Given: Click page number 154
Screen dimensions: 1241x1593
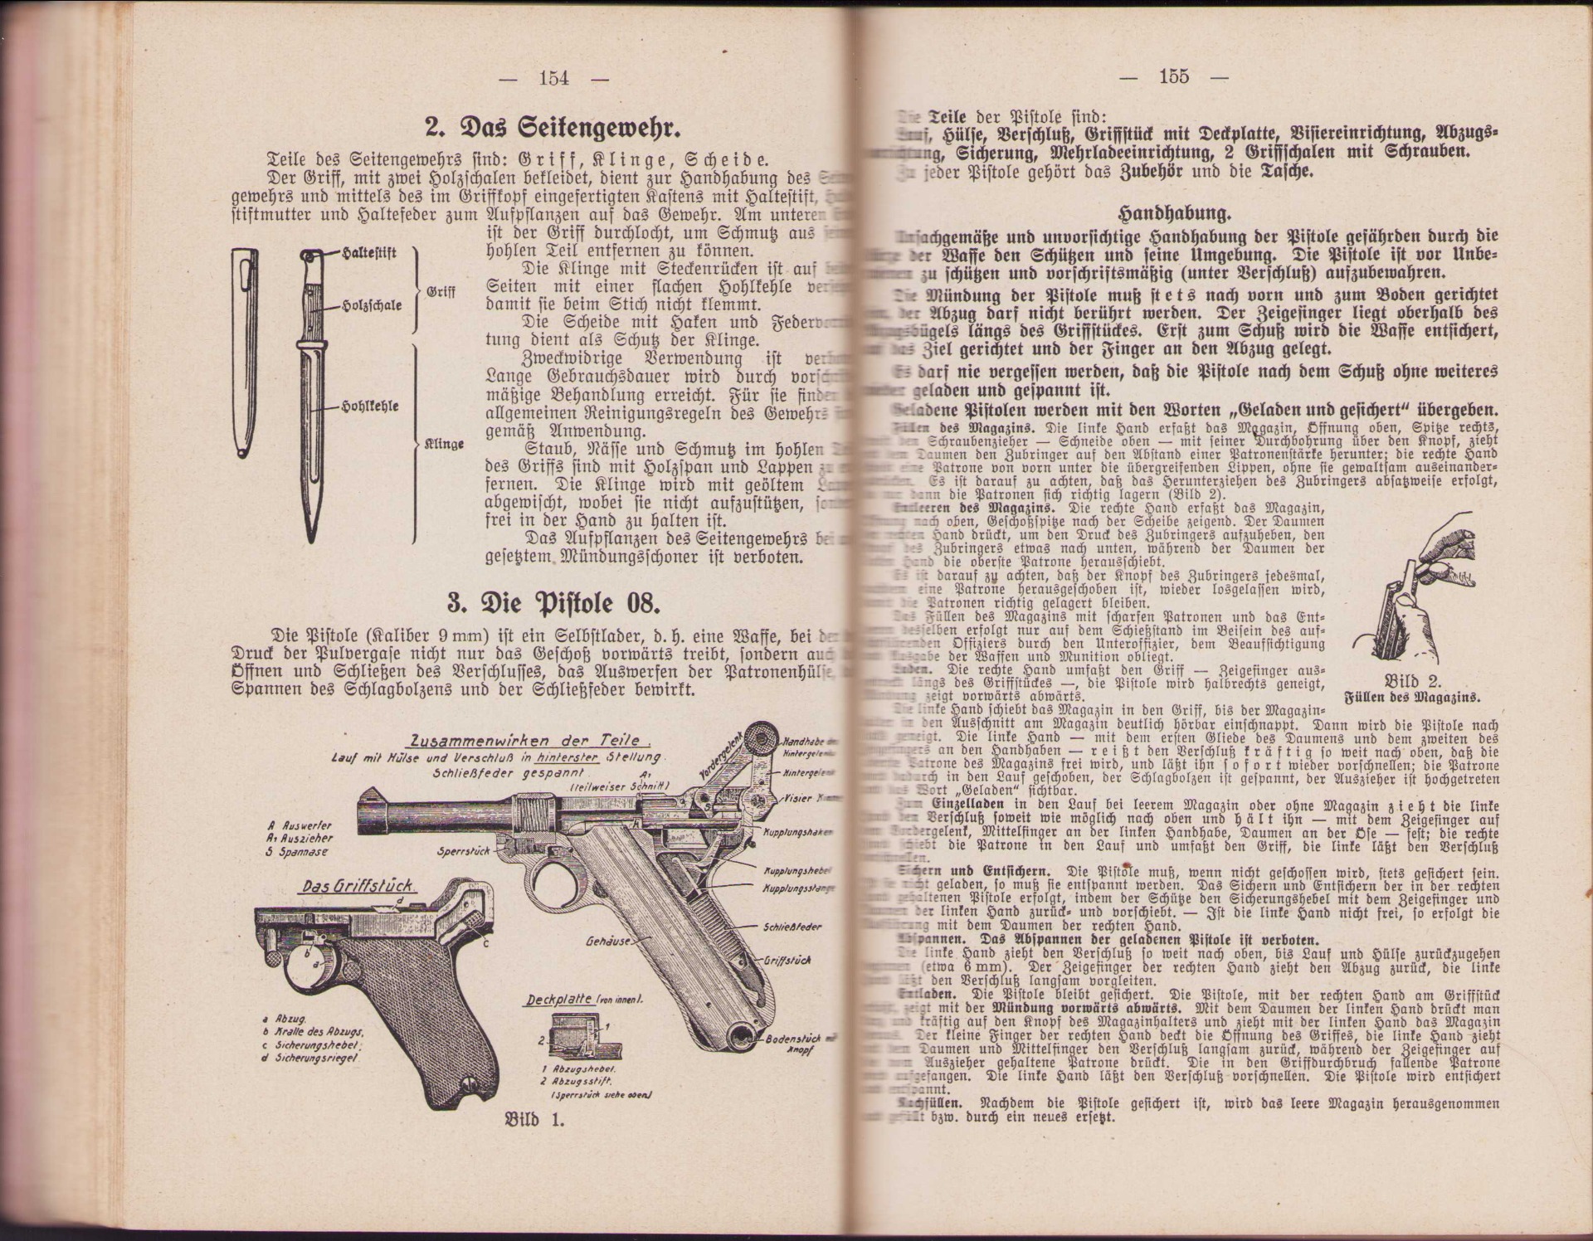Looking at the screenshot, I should click(553, 78).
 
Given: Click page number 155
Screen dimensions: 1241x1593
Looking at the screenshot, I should click(1173, 76).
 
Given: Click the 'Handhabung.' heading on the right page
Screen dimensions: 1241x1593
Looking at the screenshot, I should click(1175, 213).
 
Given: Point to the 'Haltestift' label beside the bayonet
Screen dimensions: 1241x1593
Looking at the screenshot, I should click(369, 255).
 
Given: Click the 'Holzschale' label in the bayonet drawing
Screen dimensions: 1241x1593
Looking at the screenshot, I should click(373, 305).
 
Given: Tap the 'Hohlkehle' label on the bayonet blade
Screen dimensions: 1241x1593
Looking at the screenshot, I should click(372, 406).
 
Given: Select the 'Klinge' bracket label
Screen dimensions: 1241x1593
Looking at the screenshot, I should click(444, 444).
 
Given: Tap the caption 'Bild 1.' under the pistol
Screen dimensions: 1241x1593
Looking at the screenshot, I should click(534, 1119).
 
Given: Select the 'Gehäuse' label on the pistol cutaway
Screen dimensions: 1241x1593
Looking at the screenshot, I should click(607, 942).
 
